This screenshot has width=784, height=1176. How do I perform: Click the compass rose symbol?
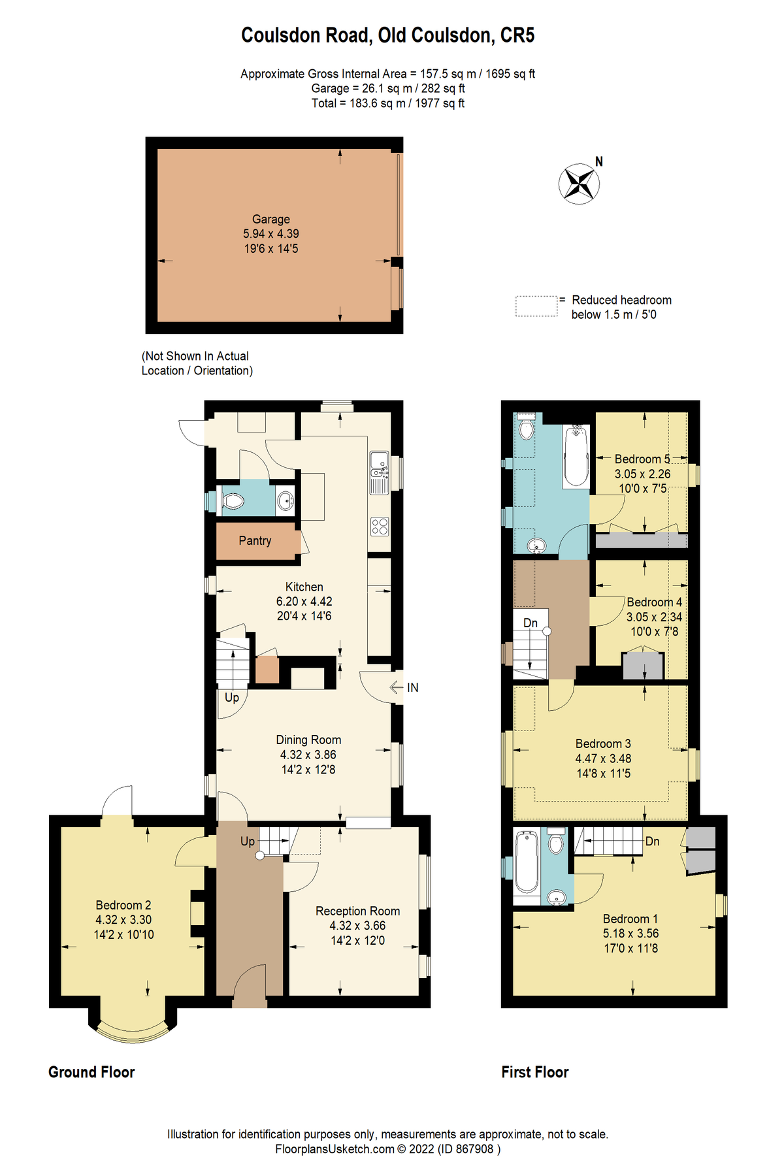tap(579, 184)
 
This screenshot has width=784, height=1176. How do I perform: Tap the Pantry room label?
tap(255, 541)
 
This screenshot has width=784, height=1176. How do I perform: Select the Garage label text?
tap(271, 220)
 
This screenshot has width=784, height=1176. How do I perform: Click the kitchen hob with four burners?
tap(380, 526)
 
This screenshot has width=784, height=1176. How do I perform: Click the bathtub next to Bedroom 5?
tap(576, 455)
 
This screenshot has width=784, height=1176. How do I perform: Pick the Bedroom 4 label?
tap(654, 602)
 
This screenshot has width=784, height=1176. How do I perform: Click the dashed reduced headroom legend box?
tap(536, 306)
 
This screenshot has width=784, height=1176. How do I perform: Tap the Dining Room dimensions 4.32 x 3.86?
tap(308, 755)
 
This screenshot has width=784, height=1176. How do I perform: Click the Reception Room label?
tap(357, 911)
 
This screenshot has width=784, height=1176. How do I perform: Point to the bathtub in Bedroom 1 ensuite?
tap(527, 862)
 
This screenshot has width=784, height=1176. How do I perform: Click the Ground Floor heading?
tap(91, 1073)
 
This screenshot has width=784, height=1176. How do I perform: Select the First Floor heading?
tap(535, 1073)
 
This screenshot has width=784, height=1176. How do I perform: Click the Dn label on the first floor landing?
tap(531, 623)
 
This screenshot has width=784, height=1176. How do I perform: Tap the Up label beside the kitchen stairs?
tap(232, 698)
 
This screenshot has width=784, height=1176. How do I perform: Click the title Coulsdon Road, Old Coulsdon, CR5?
tap(388, 35)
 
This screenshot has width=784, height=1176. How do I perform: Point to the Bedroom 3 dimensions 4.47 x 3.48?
tap(603, 759)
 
